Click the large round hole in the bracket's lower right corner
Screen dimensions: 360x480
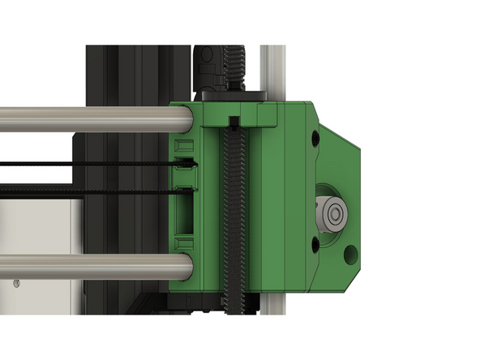(350, 255)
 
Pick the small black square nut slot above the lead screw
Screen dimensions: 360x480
(234, 122)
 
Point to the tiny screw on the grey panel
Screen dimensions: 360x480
(15, 283)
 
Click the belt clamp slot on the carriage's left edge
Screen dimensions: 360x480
(186, 174)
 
